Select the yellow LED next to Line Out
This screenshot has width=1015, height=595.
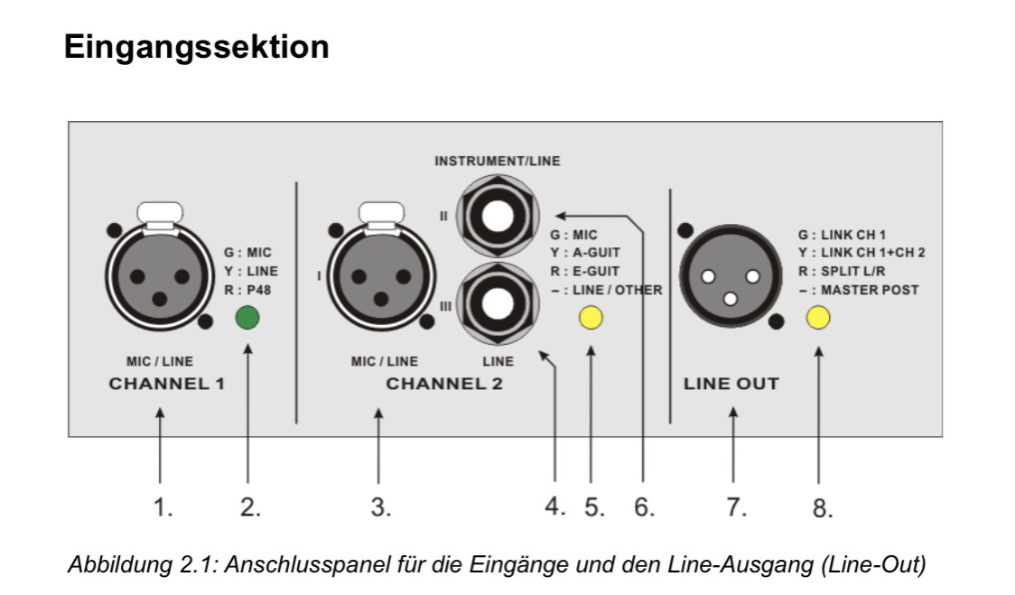(818, 318)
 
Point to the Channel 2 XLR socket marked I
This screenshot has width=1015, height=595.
(378, 274)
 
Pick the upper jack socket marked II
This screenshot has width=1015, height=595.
(498, 218)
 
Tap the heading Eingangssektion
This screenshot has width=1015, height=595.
(196, 48)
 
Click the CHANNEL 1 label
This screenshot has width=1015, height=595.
(166, 384)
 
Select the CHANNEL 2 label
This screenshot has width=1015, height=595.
(444, 384)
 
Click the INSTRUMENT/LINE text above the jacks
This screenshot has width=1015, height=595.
(498, 163)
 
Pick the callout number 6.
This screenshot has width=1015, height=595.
(643, 508)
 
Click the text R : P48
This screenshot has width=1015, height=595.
(250, 290)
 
